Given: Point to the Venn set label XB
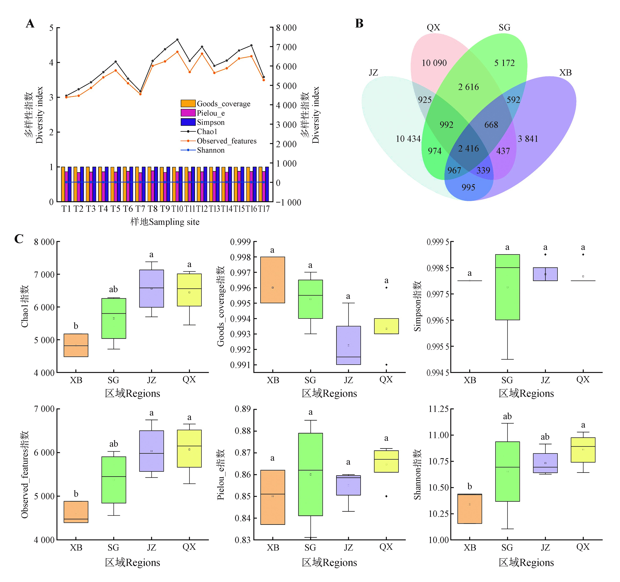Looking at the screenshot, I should (x=565, y=73).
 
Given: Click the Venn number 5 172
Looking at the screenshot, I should (x=504, y=63).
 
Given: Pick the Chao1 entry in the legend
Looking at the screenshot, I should (x=207, y=131).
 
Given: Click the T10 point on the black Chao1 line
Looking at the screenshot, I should (x=177, y=40).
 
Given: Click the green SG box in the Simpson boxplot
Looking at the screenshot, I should (x=507, y=287).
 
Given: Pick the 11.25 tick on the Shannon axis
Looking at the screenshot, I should (x=438, y=409).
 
